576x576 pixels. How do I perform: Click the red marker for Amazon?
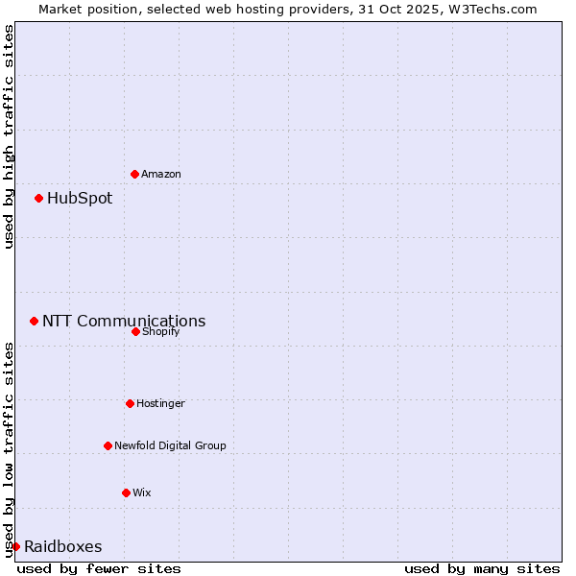point(134,174)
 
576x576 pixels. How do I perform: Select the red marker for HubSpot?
point(38,198)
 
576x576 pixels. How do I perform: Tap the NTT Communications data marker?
point(34,321)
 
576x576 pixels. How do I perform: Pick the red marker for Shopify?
point(135,331)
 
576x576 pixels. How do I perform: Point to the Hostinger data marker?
point(130,403)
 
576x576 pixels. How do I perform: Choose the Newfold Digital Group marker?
point(108,445)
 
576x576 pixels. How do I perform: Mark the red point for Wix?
point(126,492)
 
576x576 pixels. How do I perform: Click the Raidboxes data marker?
point(15,546)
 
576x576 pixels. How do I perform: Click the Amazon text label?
point(161,174)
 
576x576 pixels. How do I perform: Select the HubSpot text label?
point(80,199)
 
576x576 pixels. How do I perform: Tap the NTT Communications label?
point(124,322)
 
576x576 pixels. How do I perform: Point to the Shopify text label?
point(161,331)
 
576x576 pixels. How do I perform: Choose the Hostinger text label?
point(160,403)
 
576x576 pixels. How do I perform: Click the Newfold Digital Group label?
point(171,445)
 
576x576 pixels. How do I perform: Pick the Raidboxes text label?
point(63,547)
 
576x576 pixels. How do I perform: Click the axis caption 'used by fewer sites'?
point(99,568)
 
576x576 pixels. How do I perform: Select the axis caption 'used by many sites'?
point(482,568)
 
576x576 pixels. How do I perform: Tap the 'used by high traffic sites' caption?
point(9,137)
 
